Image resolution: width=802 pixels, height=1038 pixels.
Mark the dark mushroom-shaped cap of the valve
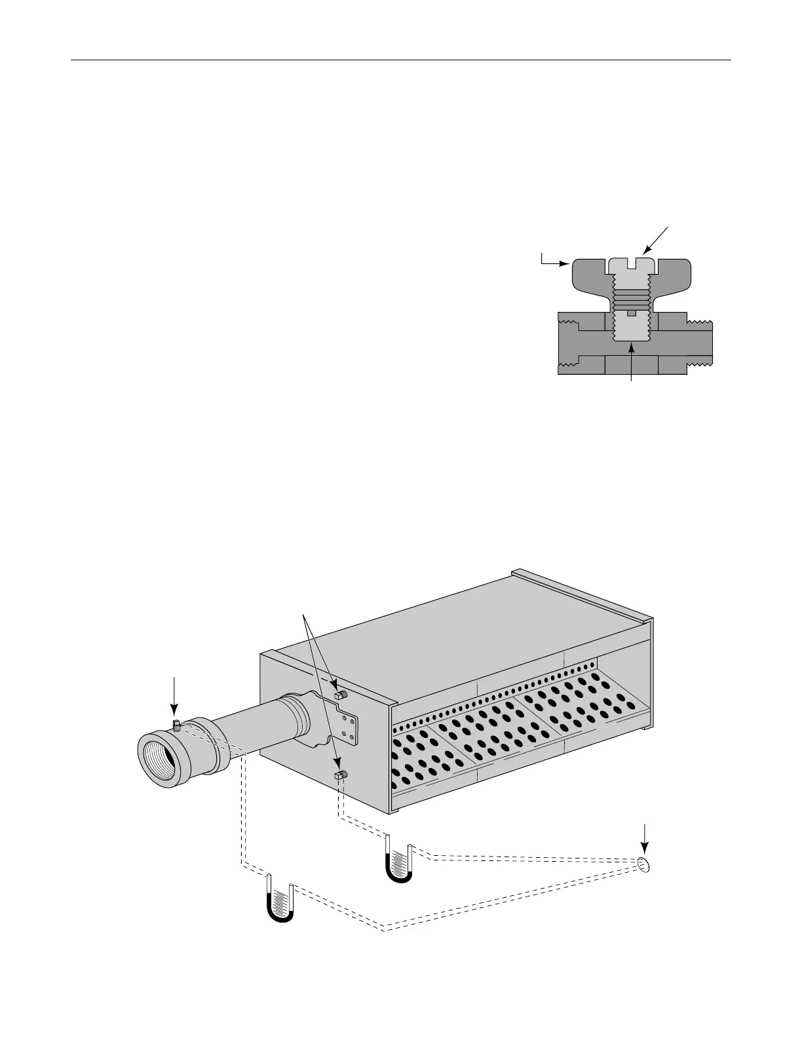point(590,279)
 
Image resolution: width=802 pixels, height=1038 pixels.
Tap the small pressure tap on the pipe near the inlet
point(176,724)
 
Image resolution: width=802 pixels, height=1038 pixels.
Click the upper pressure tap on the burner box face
point(340,694)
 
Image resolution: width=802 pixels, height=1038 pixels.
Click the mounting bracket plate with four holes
point(347,726)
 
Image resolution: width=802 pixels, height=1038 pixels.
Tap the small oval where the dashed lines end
point(645,864)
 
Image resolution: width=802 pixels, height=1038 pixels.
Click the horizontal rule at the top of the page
point(400,61)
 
